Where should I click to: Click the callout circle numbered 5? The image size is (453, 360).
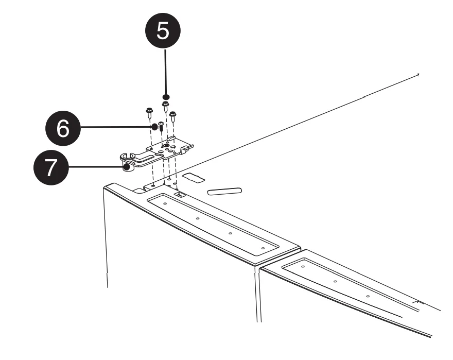coord(162,31)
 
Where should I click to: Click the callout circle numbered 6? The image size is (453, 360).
coord(62,128)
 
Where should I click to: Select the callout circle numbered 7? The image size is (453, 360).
coord(49,168)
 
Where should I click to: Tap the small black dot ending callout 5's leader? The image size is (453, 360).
coord(166,96)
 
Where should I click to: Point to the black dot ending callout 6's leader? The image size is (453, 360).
coord(153,126)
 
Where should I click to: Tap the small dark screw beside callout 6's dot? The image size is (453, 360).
coord(161,125)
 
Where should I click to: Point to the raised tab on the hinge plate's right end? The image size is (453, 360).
coord(190,148)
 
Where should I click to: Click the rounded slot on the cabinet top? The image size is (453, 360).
coord(224,191)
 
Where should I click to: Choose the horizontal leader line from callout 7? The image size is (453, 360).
coord(95,167)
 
